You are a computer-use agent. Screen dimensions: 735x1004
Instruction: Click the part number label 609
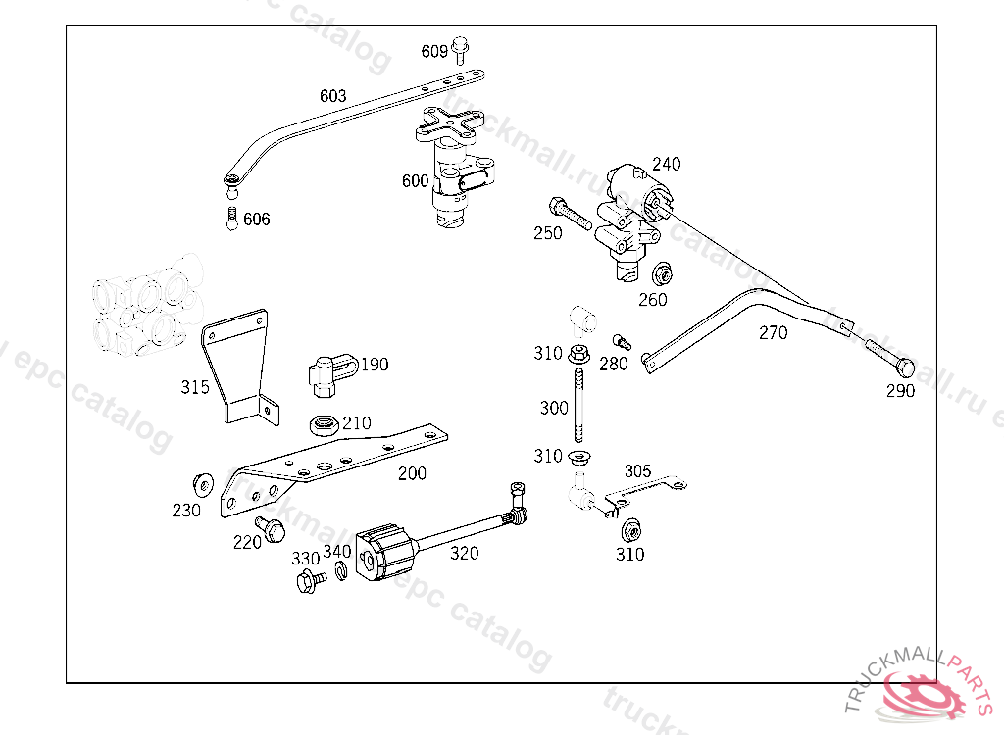click(434, 51)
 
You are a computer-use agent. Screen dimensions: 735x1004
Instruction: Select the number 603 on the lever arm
click(333, 96)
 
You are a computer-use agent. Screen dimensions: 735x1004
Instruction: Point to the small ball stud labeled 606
click(232, 219)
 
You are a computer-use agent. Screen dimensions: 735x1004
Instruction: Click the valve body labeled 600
click(454, 176)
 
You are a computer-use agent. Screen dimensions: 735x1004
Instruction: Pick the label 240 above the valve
click(666, 164)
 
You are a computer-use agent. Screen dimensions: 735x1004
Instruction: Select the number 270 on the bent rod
click(773, 333)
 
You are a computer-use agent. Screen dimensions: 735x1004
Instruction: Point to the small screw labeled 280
click(620, 341)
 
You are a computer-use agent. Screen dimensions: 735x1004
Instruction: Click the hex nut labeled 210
click(324, 424)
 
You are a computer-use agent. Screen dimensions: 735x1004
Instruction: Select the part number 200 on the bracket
click(412, 473)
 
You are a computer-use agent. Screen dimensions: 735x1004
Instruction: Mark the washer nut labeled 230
click(204, 483)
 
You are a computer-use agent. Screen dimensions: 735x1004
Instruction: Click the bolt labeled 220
click(268, 529)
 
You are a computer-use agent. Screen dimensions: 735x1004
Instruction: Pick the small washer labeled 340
click(340, 570)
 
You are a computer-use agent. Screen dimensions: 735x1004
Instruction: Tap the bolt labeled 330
click(310, 581)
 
